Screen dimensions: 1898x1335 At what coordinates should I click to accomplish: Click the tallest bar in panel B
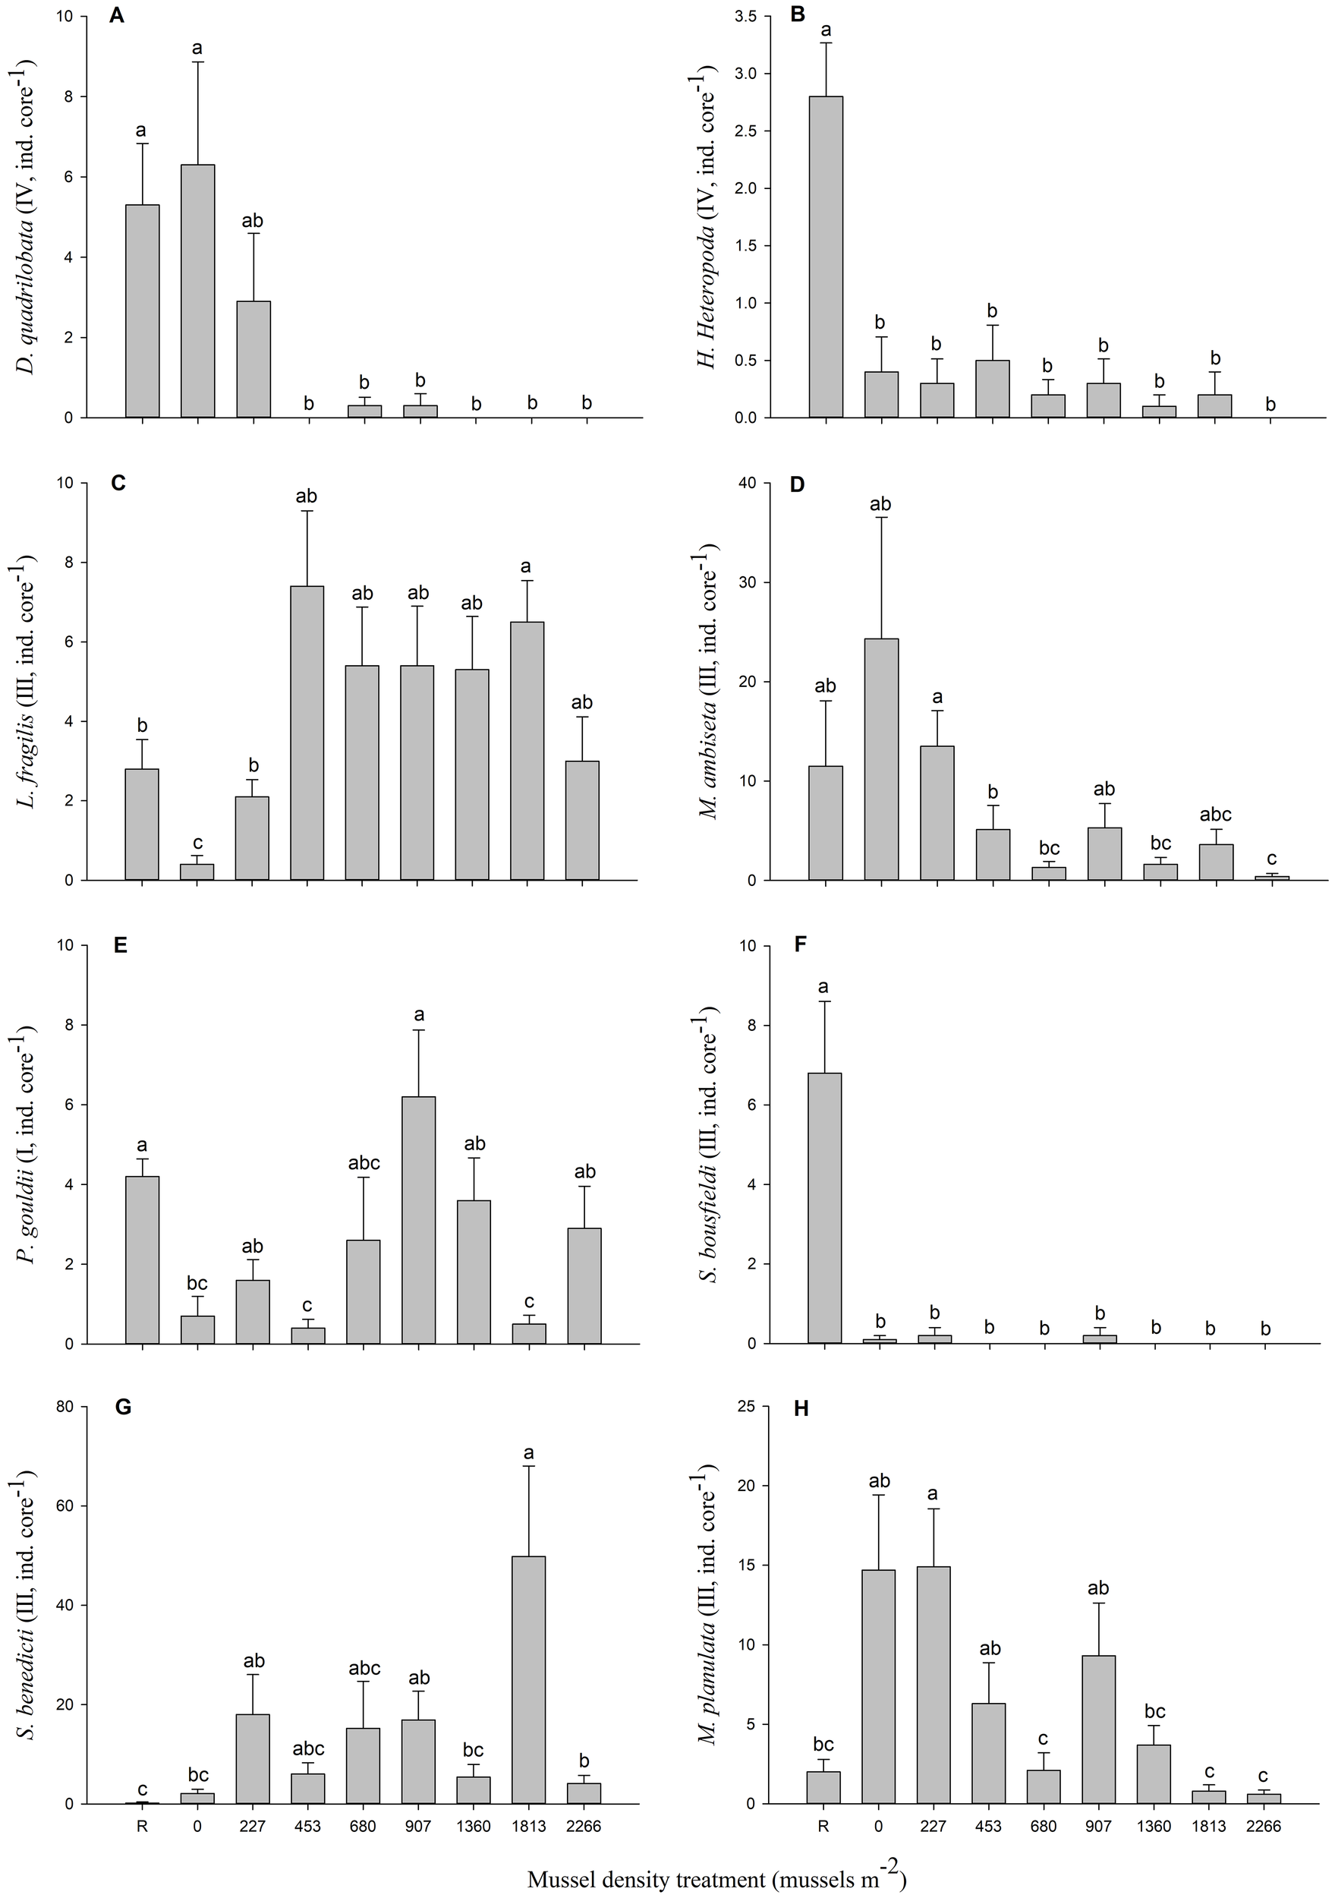click(826, 257)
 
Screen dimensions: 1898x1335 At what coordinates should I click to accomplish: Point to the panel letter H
click(800, 1408)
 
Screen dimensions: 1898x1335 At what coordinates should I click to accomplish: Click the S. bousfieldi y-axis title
click(710, 1144)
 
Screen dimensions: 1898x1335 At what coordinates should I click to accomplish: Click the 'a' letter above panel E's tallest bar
click(418, 1015)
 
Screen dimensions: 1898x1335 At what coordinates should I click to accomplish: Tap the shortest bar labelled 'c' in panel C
click(197, 872)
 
